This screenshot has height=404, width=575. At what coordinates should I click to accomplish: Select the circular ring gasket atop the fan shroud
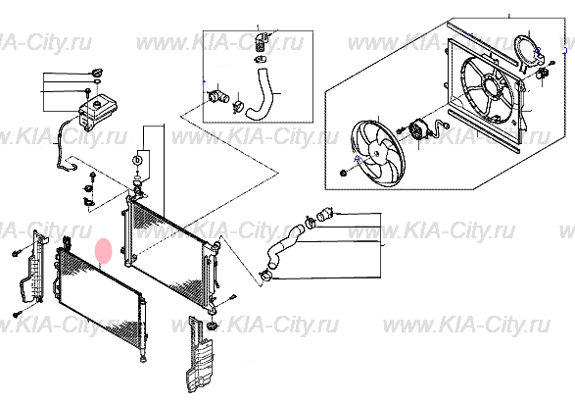pyautogui.click(x=528, y=50)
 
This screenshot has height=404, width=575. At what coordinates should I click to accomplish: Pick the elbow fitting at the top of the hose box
pyautogui.click(x=260, y=42)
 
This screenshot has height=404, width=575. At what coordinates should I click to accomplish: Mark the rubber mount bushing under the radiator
pyautogui.click(x=211, y=323)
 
